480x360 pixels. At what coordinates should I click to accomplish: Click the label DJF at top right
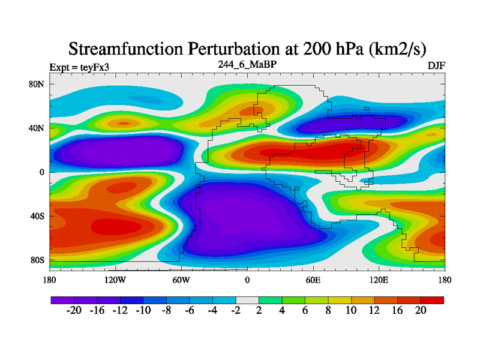(x=436, y=65)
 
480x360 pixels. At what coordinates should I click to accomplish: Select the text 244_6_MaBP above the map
(x=247, y=64)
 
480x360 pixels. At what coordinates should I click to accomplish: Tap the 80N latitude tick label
(x=37, y=84)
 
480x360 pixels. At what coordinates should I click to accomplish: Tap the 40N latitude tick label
(x=37, y=128)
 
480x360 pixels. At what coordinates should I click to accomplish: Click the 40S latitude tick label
(x=37, y=216)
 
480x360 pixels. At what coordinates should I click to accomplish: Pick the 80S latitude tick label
(x=37, y=260)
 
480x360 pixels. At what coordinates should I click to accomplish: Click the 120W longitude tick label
(x=115, y=280)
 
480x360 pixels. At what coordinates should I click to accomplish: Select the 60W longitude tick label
(x=181, y=280)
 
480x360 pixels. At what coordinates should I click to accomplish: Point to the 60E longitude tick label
(x=313, y=280)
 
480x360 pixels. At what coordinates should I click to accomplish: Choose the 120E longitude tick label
(x=379, y=280)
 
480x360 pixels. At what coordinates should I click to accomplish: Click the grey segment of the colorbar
(x=247, y=299)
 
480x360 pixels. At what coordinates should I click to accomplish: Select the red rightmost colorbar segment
(x=432, y=299)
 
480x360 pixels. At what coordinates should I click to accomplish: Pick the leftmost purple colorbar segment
(x=62, y=299)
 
